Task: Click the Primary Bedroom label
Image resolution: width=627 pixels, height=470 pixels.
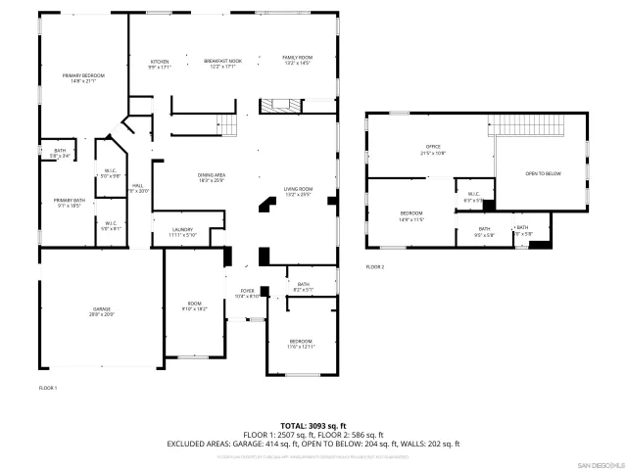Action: click(83, 78)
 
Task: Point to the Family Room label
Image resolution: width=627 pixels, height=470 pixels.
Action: click(297, 61)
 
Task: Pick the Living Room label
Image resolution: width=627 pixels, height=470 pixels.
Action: click(298, 191)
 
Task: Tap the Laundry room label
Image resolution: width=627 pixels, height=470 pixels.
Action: click(182, 232)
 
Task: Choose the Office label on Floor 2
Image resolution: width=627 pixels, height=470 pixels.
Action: click(432, 150)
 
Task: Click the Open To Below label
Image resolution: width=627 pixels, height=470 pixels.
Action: click(543, 173)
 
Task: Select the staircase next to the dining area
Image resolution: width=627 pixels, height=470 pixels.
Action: click(227, 124)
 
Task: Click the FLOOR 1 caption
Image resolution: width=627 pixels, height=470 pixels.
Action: click(48, 389)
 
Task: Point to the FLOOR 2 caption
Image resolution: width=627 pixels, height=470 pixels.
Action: click(375, 266)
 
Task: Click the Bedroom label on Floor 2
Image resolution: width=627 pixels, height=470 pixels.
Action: click(411, 216)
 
